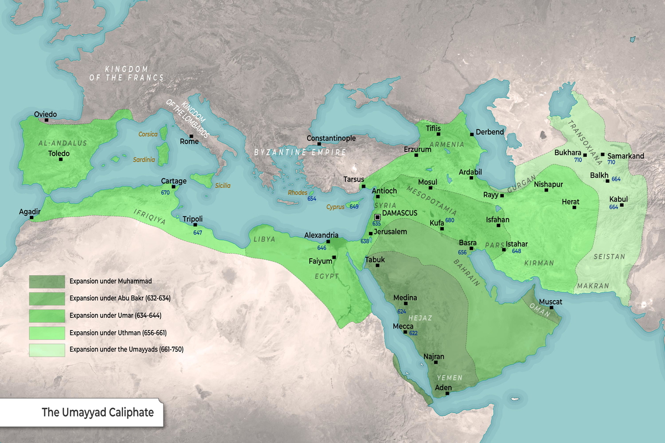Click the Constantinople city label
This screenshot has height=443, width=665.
point(332,138)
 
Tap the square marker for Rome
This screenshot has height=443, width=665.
point(191,136)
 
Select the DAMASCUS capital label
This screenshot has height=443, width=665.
point(400,213)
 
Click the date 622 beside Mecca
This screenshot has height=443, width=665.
point(413,333)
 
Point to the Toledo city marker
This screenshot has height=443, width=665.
point(61,159)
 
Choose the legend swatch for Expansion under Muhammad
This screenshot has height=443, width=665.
point(47,281)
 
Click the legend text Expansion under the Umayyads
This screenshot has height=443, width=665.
point(126,349)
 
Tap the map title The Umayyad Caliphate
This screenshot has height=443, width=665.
point(98,413)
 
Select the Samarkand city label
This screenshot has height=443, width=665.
point(626,156)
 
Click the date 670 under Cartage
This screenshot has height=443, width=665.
point(165,193)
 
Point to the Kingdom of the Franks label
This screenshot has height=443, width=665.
point(127,73)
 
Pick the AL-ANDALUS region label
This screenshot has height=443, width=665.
point(63,143)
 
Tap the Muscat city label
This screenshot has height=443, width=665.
point(550,302)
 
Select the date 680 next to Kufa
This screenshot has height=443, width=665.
point(449,220)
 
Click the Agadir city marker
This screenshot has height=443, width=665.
point(32,218)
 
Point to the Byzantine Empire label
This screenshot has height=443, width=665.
point(300,152)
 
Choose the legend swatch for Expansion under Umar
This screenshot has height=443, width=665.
point(47,316)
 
